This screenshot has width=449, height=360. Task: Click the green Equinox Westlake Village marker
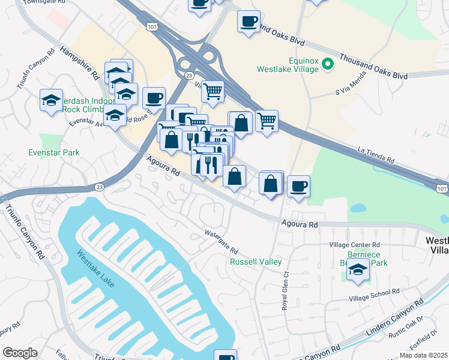328,63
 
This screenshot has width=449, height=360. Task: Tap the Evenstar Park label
54,152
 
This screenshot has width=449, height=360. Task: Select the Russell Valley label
256,262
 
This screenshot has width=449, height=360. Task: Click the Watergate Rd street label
221,241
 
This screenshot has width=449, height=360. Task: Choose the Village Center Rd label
355,245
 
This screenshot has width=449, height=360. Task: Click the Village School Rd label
375,292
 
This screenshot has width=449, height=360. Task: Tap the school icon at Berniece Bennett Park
358,271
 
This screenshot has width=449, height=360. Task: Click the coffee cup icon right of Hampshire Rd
154,97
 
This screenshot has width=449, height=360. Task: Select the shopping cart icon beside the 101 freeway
267,120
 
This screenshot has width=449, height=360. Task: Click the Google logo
20,353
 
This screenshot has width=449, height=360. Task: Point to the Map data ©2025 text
424,355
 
